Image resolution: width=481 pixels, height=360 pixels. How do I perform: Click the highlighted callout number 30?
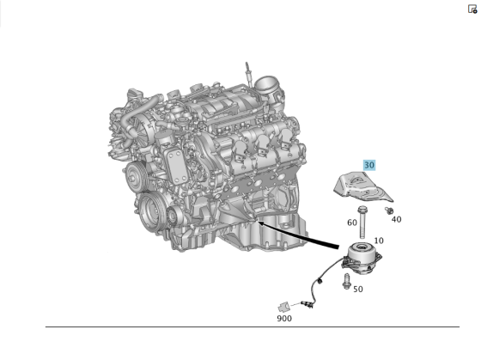(369, 165)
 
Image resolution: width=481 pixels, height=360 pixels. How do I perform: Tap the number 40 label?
(396, 219)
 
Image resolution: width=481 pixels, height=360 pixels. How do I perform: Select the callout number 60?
(352, 223)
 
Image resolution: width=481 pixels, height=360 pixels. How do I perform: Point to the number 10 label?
(379, 241)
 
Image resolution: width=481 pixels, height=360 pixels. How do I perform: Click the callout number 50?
(357, 289)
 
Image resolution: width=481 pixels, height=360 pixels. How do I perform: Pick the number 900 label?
(284, 318)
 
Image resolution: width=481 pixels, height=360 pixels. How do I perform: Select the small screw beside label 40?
(389, 209)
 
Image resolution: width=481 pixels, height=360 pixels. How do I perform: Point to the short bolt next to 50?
(347, 280)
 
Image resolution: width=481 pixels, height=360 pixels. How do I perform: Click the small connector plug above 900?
(283, 305)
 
